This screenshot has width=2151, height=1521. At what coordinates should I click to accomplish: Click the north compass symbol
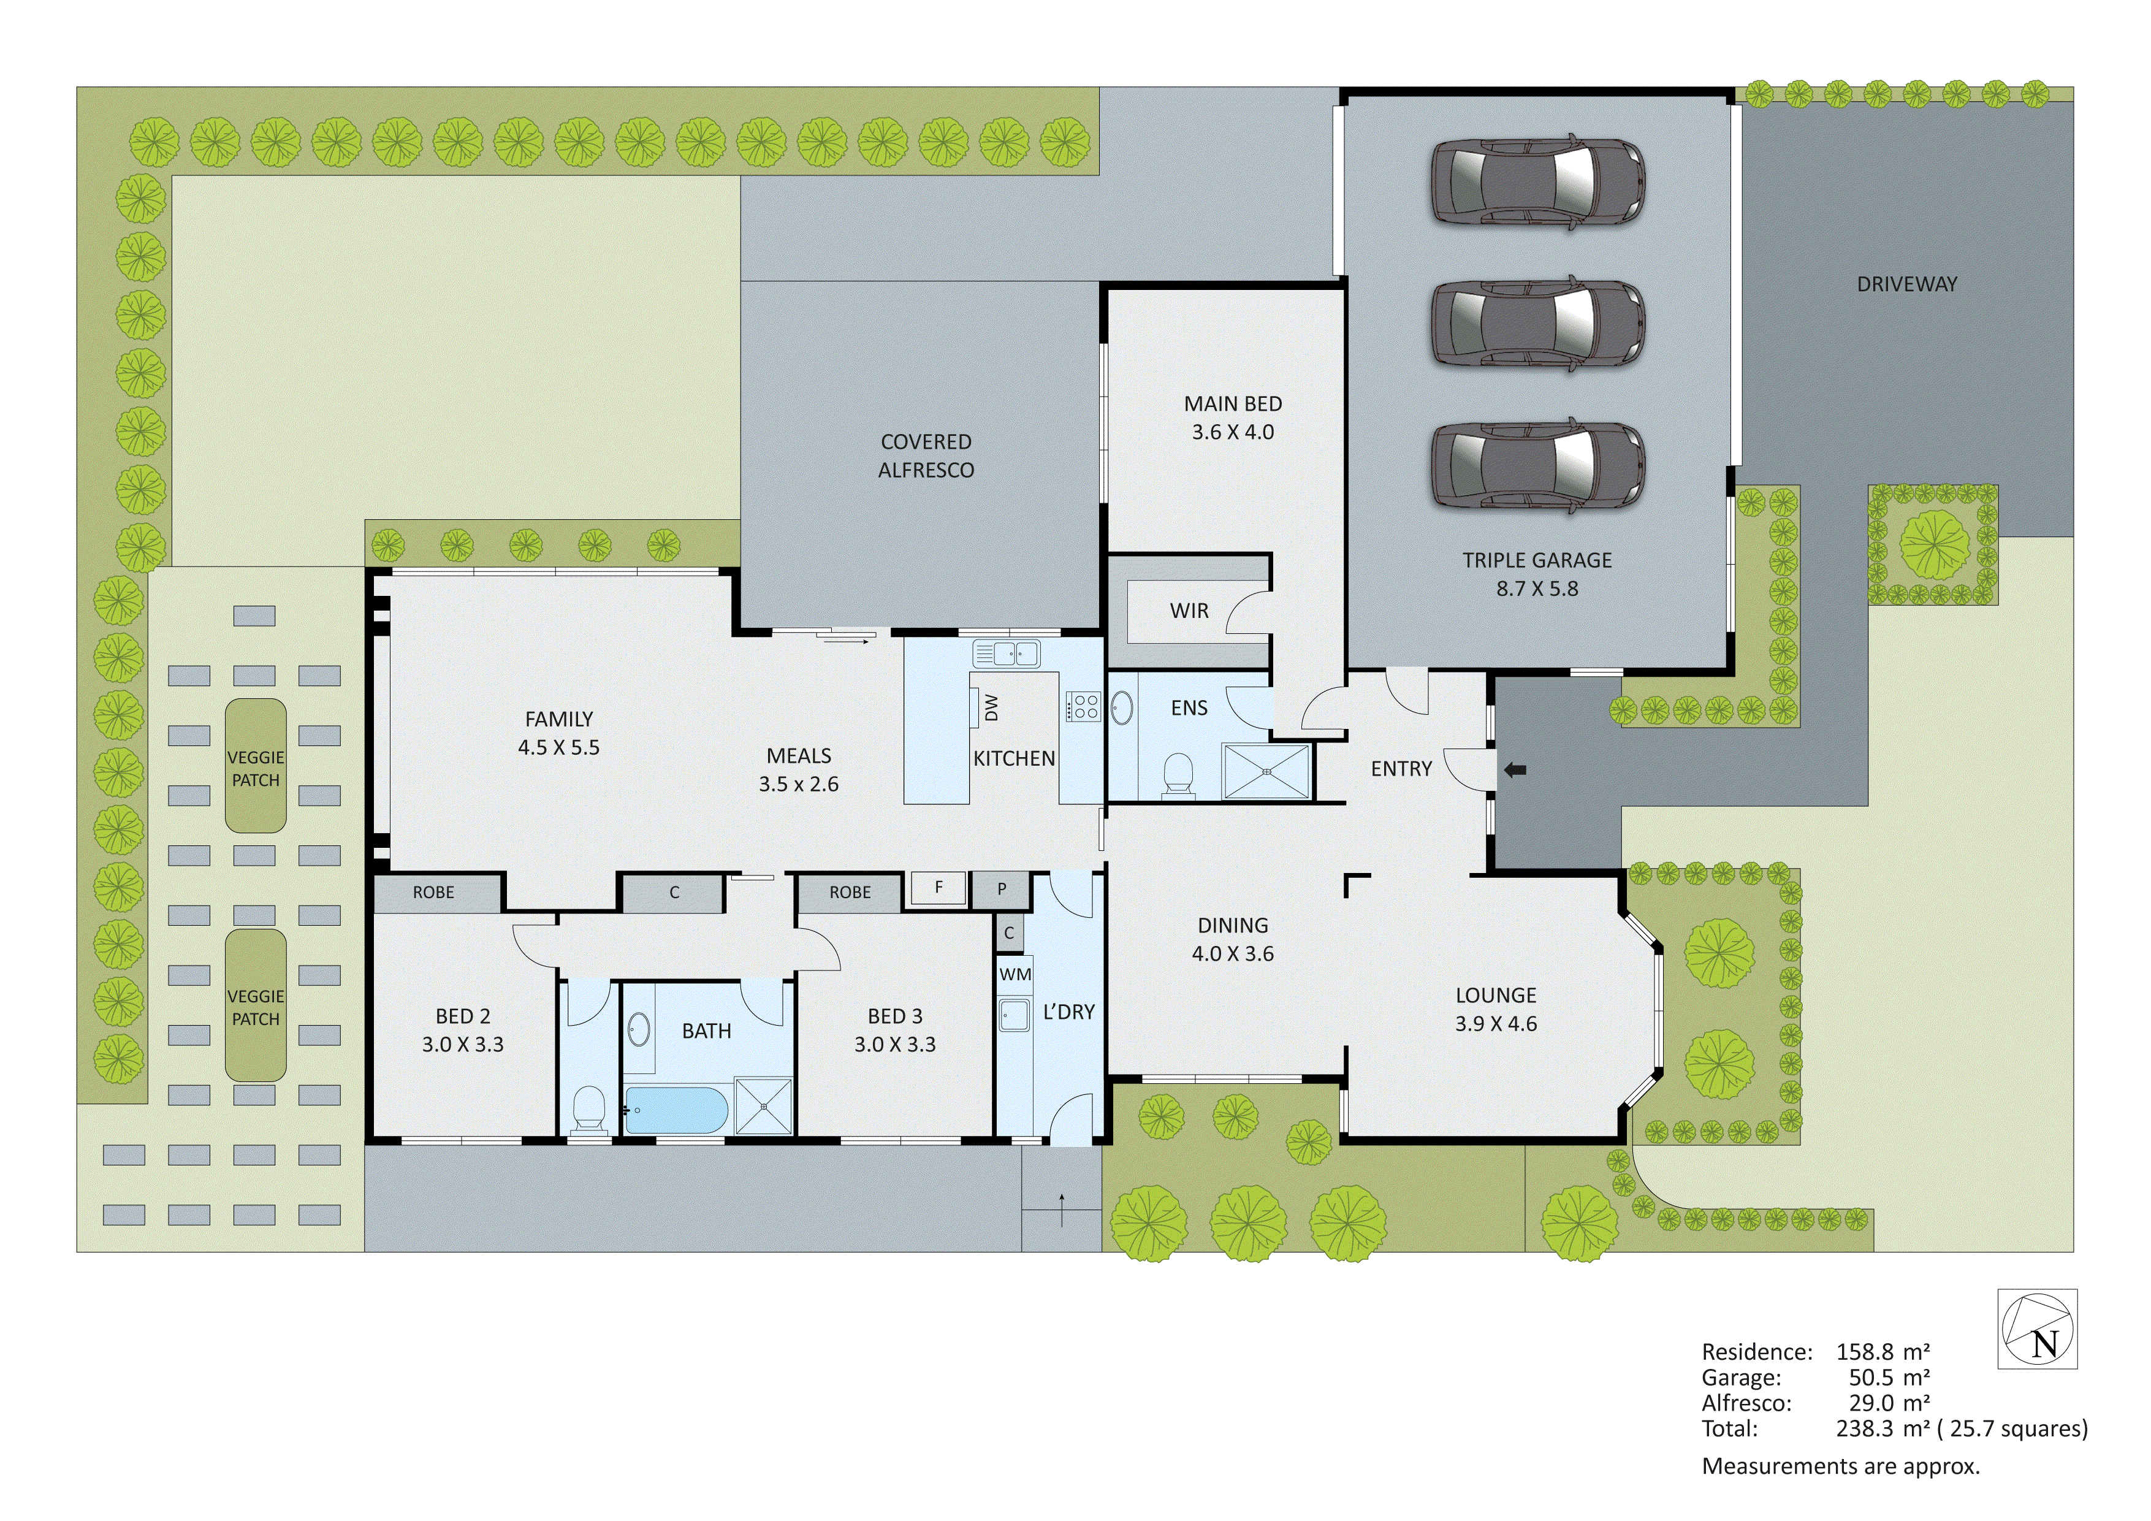click(x=2037, y=1329)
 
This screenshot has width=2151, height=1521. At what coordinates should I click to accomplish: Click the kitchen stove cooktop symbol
click(x=1084, y=706)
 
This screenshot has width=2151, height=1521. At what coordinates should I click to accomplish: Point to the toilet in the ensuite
click(x=1178, y=777)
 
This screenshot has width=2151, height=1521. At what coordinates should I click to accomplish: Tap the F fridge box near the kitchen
click(x=938, y=888)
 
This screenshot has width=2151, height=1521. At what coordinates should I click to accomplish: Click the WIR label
click(x=1189, y=611)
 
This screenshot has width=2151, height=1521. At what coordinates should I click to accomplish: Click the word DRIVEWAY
click(x=1906, y=284)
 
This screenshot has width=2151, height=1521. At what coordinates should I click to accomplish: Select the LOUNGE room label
click(x=1495, y=995)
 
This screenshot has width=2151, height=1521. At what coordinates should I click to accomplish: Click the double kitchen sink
click(x=1006, y=652)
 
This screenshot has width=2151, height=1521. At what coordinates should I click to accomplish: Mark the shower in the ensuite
click(x=1266, y=771)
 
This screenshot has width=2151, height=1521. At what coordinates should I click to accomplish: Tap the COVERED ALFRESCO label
click(x=926, y=456)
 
